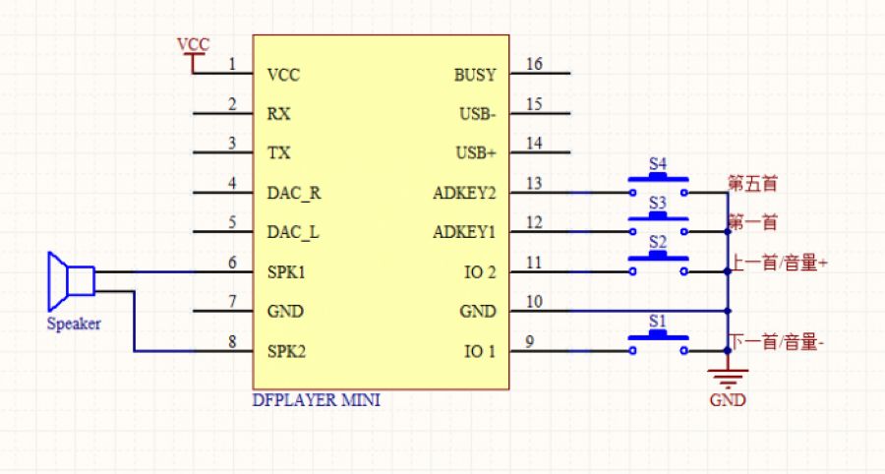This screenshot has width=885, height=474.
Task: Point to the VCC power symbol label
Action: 192,45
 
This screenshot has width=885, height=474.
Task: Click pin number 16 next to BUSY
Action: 535,65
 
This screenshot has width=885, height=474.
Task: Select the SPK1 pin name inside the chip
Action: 287,272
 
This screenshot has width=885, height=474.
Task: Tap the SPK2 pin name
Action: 287,351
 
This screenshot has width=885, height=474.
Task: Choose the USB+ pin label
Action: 477,153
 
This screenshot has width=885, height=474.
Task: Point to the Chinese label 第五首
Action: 753,183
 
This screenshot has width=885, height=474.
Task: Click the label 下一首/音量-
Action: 776,342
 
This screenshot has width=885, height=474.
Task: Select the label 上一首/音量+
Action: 777,263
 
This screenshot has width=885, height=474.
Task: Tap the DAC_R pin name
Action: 294,193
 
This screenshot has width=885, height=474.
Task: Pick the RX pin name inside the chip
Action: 278,114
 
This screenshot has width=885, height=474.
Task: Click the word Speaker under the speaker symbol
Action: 74,324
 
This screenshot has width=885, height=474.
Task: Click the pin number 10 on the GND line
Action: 535,302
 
